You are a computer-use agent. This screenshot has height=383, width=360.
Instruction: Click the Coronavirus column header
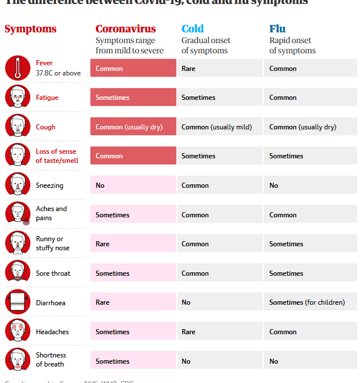click(125, 29)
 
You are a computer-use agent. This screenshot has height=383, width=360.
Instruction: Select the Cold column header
click(192, 29)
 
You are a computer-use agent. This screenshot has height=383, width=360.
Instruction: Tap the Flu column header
click(277, 29)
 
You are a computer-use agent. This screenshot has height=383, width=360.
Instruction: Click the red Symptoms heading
click(31, 29)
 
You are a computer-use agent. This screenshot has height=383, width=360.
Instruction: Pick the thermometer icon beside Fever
click(17, 68)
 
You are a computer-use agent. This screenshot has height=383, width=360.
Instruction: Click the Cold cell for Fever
click(219, 69)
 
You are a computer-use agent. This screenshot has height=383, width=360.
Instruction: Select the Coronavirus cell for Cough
click(133, 127)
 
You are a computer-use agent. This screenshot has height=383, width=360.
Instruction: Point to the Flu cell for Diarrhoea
click(310, 302)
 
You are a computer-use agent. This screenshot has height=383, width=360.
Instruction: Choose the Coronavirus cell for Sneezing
click(133, 186)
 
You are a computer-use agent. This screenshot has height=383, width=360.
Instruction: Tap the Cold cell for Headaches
click(219, 332)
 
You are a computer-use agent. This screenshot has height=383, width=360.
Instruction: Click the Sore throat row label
click(53, 273)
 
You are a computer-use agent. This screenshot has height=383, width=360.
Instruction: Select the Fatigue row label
click(47, 98)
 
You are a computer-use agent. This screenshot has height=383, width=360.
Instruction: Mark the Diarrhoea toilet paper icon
click(17, 302)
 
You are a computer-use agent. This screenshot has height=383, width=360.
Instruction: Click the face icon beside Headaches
click(17, 331)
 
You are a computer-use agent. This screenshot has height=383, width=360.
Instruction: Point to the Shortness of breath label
click(51, 360)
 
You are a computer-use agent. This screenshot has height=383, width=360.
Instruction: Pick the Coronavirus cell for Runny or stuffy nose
click(133, 244)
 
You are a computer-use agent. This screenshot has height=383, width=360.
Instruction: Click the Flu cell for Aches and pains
click(310, 215)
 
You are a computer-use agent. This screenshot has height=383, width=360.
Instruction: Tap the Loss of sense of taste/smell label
click(57, 156)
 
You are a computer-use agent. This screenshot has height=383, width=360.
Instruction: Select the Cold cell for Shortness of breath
click(219, 361)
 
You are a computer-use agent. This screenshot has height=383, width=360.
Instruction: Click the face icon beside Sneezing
click(17, 185)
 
